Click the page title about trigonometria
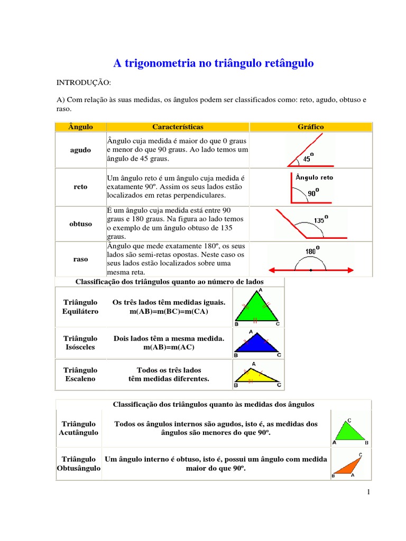[214, 63]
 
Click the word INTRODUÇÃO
[84, 83]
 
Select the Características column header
[178, 127]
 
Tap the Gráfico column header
[311, 127]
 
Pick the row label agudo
[80, 150]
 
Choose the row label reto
[80, 187]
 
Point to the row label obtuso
[80, 223]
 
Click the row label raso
[80, 259]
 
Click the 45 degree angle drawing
[310, 150]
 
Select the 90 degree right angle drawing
[311, 188]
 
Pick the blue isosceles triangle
[257, 345]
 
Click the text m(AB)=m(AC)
[169, 347]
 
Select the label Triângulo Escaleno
[80, 374]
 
